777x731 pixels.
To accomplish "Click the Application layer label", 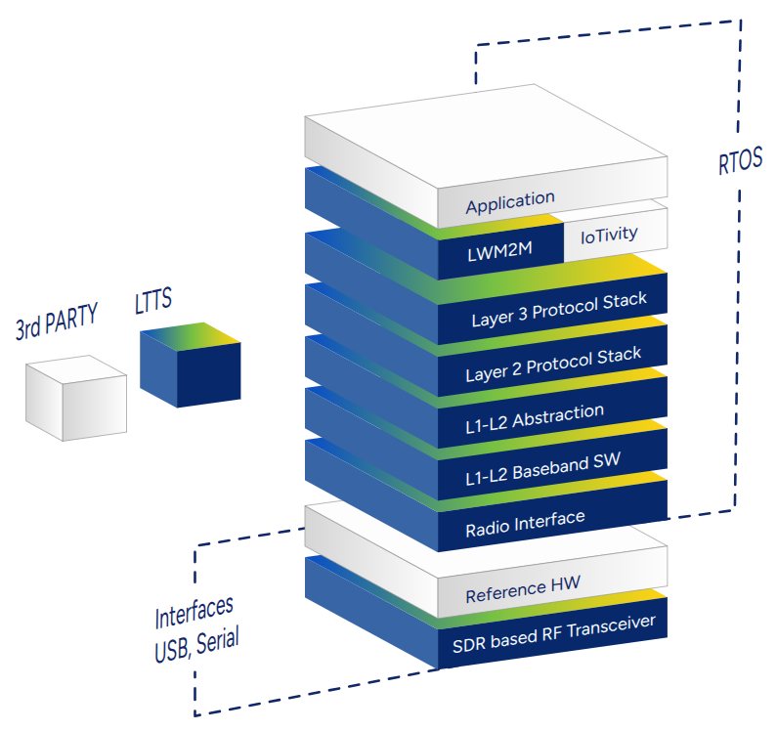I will coord(509,202).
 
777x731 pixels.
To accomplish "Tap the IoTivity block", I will coord(608,234).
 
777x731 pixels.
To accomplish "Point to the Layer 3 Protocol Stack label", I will coord(558,309).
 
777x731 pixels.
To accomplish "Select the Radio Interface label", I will coord(525,525).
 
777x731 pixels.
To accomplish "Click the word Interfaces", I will coord(194,614).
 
